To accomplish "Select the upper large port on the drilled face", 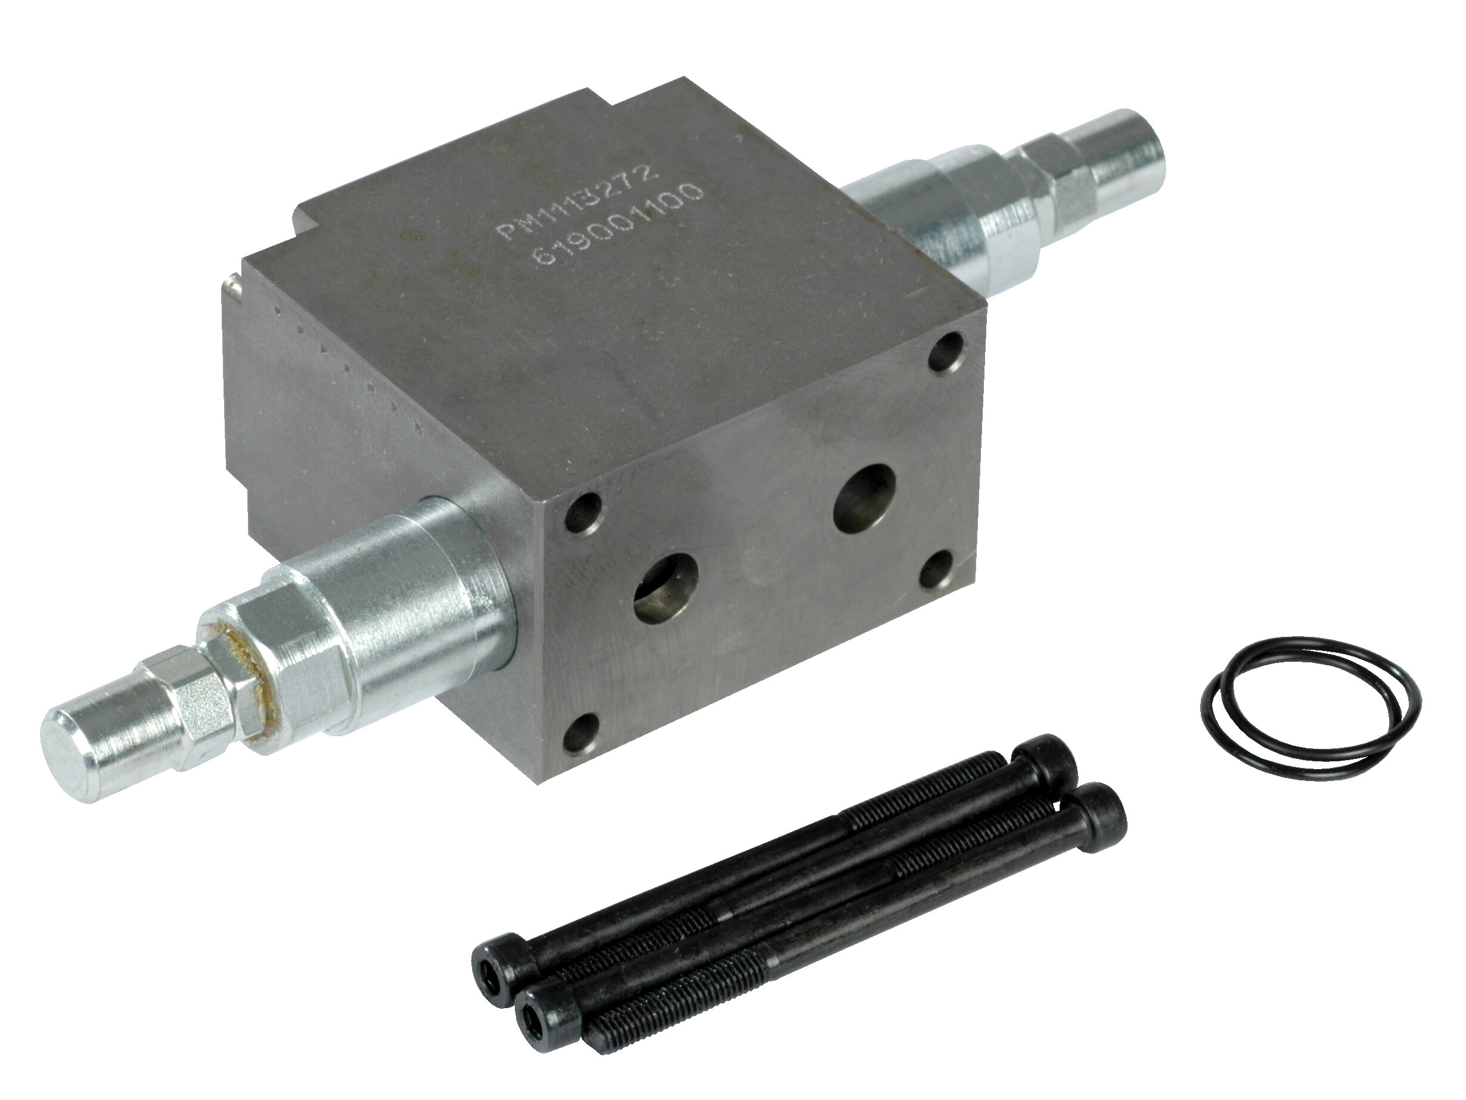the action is pyautogui.click(x=865, y=498).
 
